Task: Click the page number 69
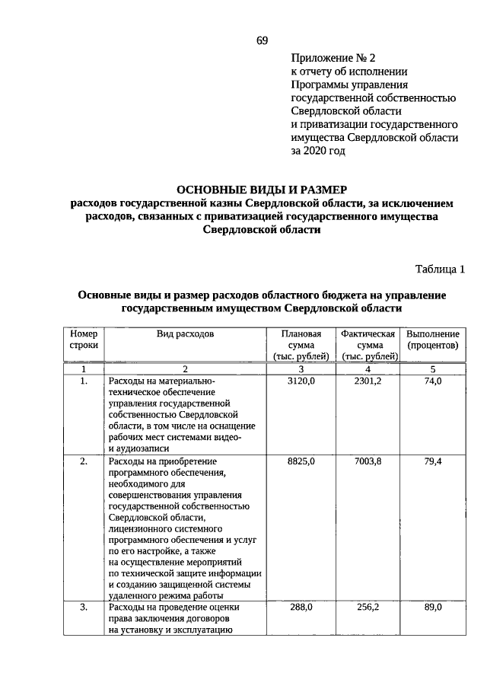click(x=261, y=40)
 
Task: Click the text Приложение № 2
click(x=333, y=57)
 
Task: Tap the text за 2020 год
click(x=318, y=152)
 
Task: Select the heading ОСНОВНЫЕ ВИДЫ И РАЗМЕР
click(x=261, y=189)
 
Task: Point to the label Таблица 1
click(x=440, y=269)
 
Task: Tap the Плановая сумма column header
click(x=301, y=345)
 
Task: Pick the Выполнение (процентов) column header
click(x=432, y=340)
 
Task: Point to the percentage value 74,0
click(x=432, y=381)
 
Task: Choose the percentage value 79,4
click(x=432, y=461)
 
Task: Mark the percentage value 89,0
click(x=432, y=608)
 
